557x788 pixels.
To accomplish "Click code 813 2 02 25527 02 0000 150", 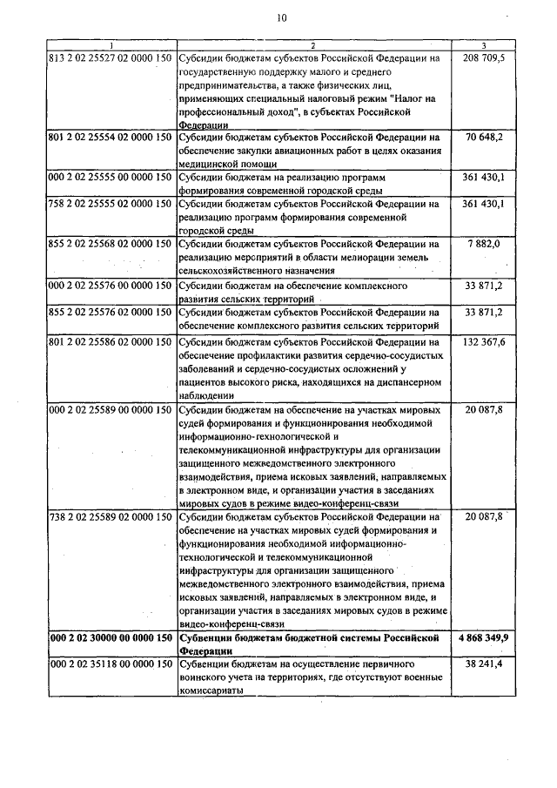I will pyautogui.click(x=110, y=57).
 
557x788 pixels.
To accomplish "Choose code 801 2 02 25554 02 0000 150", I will pyautogui.click(x=110, y=137).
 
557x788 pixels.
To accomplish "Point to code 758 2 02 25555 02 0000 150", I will pyautogui.click(x=110, y=204).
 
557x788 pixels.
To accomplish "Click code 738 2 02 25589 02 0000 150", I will pyautogui.click(x=110, y=517).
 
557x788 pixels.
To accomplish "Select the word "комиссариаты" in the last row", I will pyautogui.click(x=209, y=690).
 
